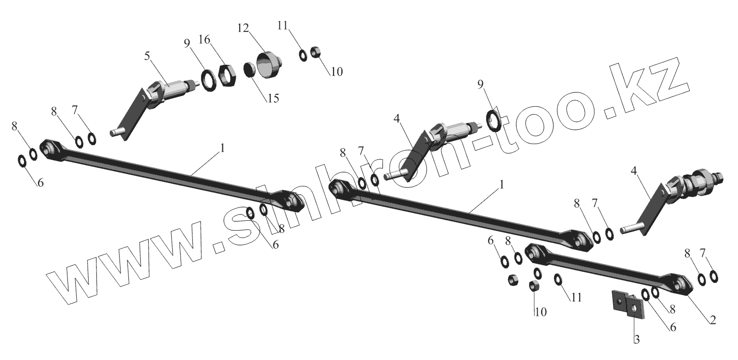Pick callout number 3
(637, 339)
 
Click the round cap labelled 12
(267, 66)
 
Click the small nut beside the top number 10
(316, 52)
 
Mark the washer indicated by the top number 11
(304, 55)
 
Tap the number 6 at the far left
(40, 182)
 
